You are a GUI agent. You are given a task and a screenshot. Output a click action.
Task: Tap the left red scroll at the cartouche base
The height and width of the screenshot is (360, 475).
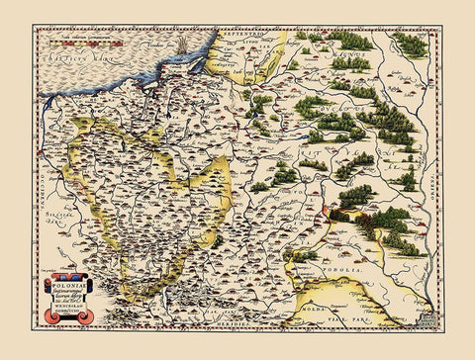point(50,316)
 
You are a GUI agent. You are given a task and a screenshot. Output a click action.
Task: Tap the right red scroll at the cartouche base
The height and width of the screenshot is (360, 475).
point(87,316)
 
